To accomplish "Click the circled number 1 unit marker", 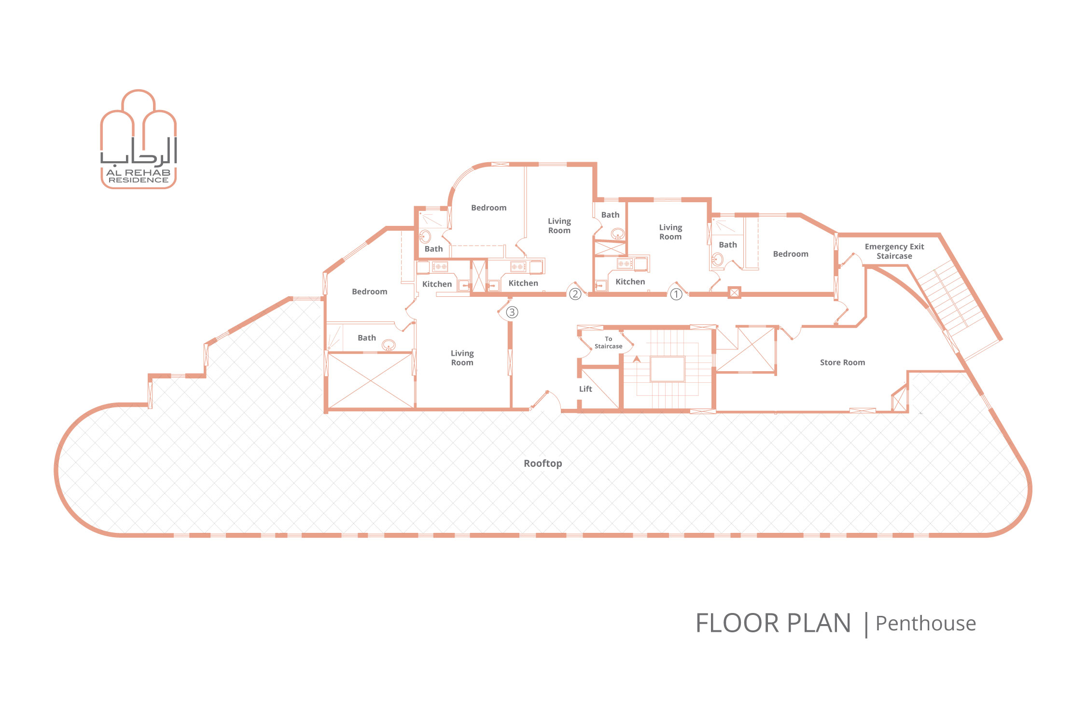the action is tap(676, 294).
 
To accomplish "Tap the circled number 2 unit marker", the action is tap(575, 294).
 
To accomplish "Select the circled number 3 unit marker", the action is tap(512, 312).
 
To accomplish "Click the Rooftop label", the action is tap(543, 463).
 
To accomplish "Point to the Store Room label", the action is tap(842, 362).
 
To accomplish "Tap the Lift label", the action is tap(585, 389).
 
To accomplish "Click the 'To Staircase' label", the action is tap(609, 343).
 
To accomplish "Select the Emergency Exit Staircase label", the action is tap(894, 251).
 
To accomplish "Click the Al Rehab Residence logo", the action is tap(139, 139).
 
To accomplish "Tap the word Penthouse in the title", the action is tap(926, 624).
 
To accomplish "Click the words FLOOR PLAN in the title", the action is tap(773, 623).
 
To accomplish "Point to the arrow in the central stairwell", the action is tap(637, 359).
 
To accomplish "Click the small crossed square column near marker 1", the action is tap(734, 292).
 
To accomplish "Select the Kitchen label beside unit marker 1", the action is tap(630, 282).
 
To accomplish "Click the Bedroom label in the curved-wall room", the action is tap(489, 208).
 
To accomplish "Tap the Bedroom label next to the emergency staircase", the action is tap(791, 254).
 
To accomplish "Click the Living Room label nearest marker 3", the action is tap(462, 358).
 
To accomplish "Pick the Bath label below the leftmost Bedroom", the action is tap(367, 338).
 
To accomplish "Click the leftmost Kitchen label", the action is tap(437, 284).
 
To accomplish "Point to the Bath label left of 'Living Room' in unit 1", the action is tap(610, 215).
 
